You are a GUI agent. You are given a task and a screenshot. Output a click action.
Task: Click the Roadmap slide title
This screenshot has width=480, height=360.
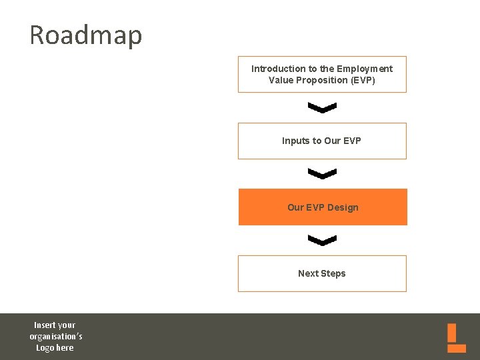[85, 35]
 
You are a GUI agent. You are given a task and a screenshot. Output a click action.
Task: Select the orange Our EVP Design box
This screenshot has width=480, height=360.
[323, 207]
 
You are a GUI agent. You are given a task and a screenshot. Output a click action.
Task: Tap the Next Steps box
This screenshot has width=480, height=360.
[322, 273]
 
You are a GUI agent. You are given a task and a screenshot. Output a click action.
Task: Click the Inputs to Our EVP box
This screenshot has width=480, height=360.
[322, 141]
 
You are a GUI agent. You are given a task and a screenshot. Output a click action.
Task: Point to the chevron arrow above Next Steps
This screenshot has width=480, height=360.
[323, 240]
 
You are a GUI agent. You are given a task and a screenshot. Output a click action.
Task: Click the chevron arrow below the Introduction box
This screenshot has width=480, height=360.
[323, 107]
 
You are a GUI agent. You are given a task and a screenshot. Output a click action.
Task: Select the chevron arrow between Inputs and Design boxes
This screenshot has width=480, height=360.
[323, 173]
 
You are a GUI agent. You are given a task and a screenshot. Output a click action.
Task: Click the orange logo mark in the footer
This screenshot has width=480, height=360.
[457, 338]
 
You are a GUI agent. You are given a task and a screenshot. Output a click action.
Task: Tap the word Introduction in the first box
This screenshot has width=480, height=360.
[275, 69]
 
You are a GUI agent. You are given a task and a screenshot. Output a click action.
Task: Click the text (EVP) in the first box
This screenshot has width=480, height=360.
[363, 80]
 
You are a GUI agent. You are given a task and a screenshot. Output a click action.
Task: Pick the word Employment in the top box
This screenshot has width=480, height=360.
[365, 69]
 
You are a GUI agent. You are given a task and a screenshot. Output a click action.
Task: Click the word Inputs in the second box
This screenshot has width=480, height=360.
[295, 141]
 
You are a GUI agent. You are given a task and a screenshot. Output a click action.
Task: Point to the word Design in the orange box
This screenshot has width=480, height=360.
[343, 207]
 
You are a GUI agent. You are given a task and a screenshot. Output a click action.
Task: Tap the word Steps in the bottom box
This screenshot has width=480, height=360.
[333, 273]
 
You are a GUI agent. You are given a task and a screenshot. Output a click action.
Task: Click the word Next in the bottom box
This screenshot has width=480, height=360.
[308, 273]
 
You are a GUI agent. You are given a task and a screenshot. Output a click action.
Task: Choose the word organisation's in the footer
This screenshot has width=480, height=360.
[56, 336]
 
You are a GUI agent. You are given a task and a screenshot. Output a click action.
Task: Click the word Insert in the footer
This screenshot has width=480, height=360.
[45, 325]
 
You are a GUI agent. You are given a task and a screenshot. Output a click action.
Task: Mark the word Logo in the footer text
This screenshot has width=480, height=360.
[45, 347]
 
